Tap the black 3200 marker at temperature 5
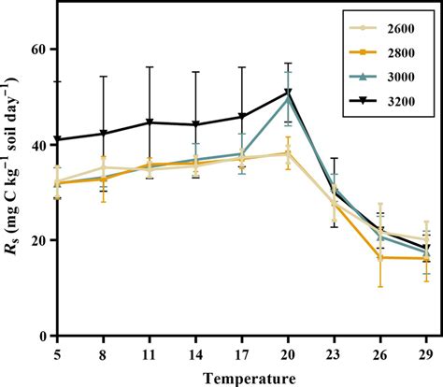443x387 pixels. pyautogui.click(x=58, y=139)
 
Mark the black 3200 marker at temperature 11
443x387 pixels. pyautogui.click(x=150, y=122)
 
